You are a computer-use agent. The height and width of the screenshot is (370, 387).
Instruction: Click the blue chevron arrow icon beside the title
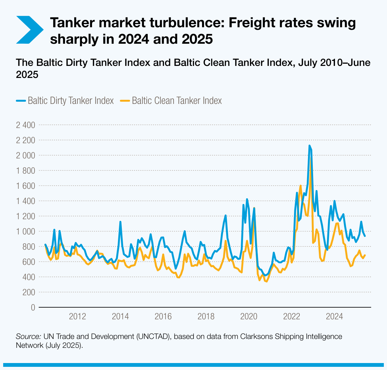(x=29, y=29)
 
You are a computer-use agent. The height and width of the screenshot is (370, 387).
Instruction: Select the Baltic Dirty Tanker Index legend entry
(x=65, y=101)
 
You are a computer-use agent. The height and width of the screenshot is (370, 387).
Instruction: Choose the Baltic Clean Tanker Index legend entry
(x=171, y=101)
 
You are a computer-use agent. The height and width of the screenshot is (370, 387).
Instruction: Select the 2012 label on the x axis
(x=77, y=316)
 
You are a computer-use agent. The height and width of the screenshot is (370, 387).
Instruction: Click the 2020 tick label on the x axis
(x=249, y=316)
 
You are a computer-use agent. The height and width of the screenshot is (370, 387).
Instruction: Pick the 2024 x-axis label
(x=334, y=316)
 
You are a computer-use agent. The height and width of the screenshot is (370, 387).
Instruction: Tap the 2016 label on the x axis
(x=163, y=316)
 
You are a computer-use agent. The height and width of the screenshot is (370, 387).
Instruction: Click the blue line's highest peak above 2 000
(x=310, y=146)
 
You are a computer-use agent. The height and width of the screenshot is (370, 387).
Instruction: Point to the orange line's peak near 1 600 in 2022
(x=300, y=186)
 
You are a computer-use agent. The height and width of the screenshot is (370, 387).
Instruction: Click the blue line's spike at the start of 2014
(x=120, y=222)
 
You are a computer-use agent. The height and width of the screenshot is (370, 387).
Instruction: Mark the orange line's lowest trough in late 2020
(x=266, y=281)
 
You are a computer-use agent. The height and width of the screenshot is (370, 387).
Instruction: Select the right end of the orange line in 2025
(x=365, y=255)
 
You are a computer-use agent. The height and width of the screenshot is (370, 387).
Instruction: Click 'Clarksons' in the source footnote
(x=256, y=336)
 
